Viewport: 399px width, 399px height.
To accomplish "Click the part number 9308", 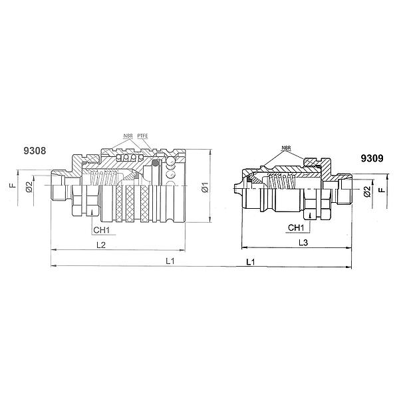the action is point(35,151).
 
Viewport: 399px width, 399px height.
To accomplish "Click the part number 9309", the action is point(372,158).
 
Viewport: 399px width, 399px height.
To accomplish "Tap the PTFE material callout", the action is point(142,136).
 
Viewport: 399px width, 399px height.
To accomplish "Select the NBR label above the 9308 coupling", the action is point(128,136).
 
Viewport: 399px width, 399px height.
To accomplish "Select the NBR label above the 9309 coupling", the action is point(286,148).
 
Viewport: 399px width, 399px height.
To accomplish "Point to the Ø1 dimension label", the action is point(205,187).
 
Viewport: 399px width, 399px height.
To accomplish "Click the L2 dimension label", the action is point(101,245).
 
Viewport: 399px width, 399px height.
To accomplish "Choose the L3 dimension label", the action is point(303,243).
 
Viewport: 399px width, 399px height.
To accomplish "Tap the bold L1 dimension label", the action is point(251,262).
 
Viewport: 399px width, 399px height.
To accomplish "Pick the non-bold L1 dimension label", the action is point(170,261).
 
